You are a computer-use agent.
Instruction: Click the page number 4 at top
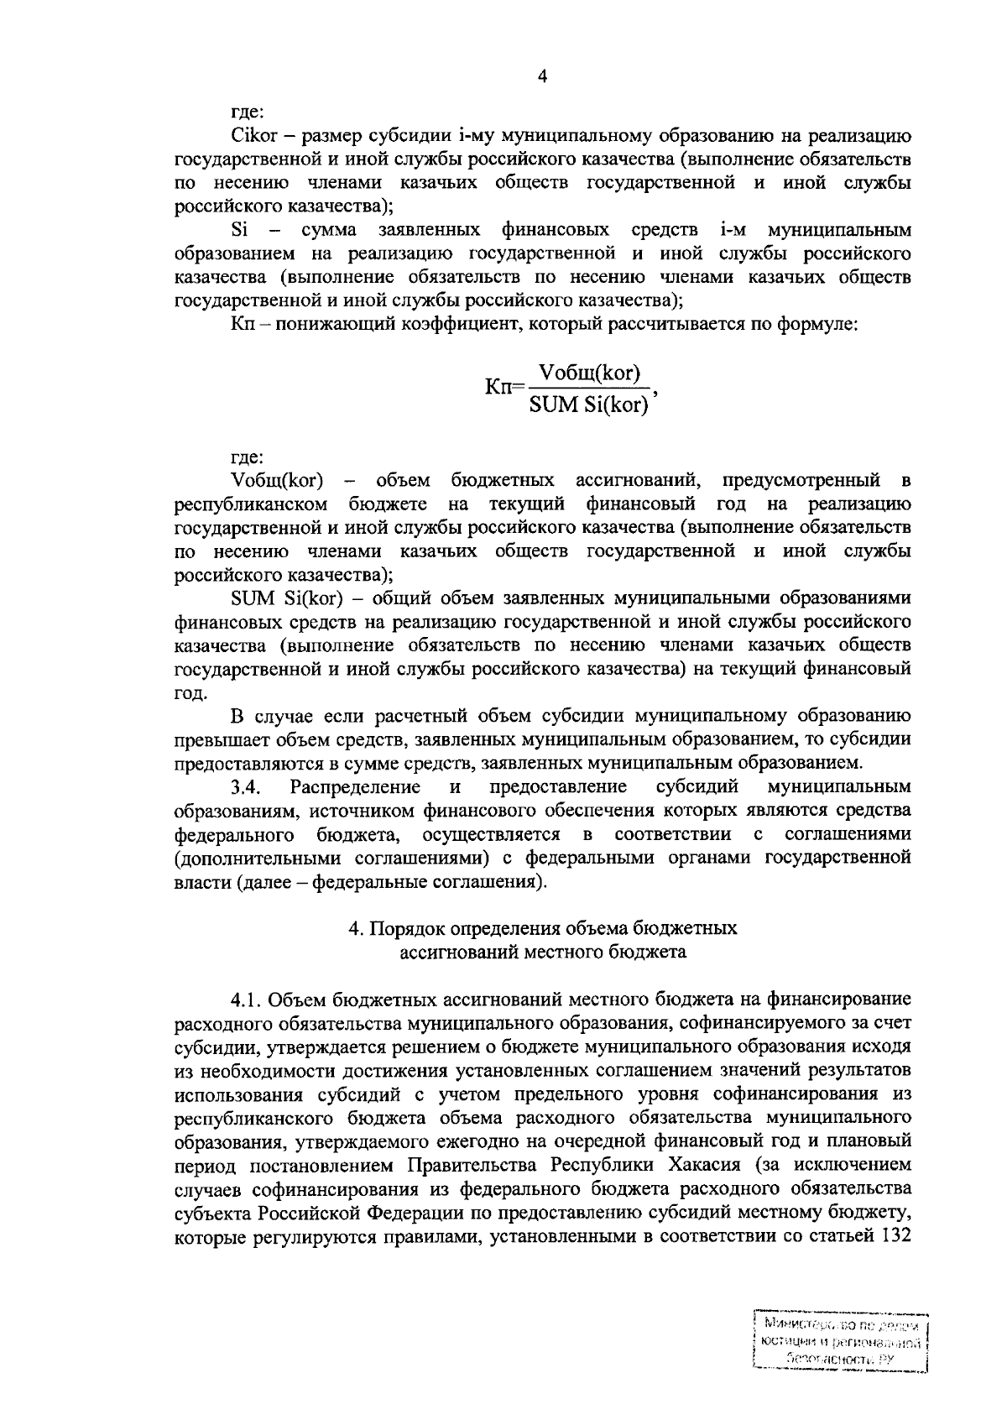coord(542,77)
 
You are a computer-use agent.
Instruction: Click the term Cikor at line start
coord(247,134)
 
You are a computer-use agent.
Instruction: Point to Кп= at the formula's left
coord(504,389)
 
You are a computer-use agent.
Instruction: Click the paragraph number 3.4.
coord(248,787)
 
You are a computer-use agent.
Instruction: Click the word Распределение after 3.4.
coord(355,787)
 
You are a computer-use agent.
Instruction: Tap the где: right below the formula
coord(247,457)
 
